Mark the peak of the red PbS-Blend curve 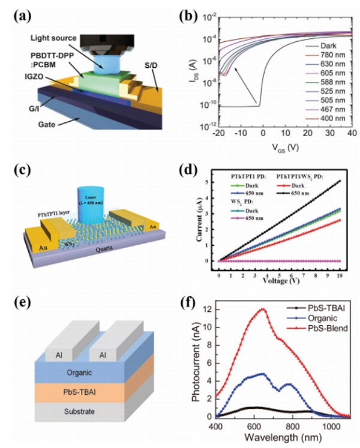[x=263, y=309]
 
